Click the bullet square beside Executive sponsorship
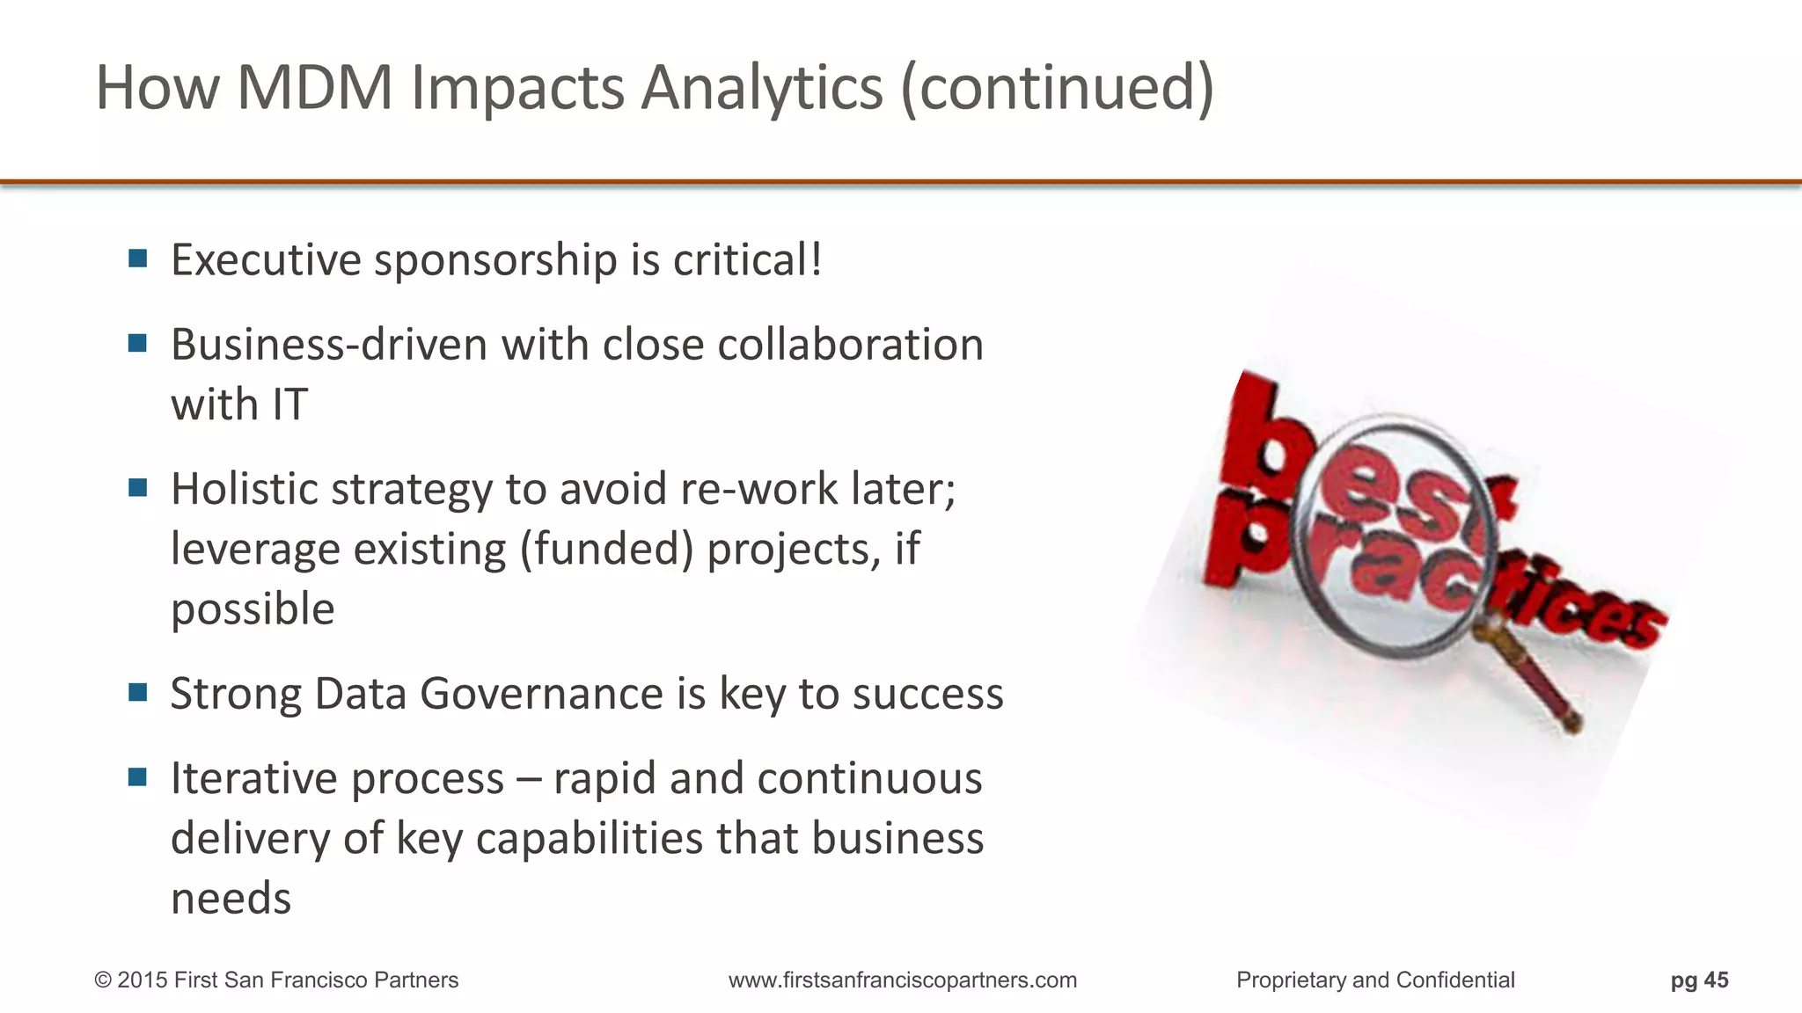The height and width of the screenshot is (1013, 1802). click(x=137, y=259)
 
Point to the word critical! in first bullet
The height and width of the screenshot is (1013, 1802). click(x=748, y=260)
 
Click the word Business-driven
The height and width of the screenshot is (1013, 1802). click(x=328, y=345)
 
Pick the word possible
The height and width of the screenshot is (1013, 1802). click(x=253, y=609)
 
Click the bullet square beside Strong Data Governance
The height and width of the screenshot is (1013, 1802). click(x=137, y=693)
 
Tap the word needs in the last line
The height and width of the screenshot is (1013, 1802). click(x=231, y=899)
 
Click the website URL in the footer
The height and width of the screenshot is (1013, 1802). click(x=902, y=980)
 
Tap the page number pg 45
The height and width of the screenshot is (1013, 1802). click(x=1699, y=980)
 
